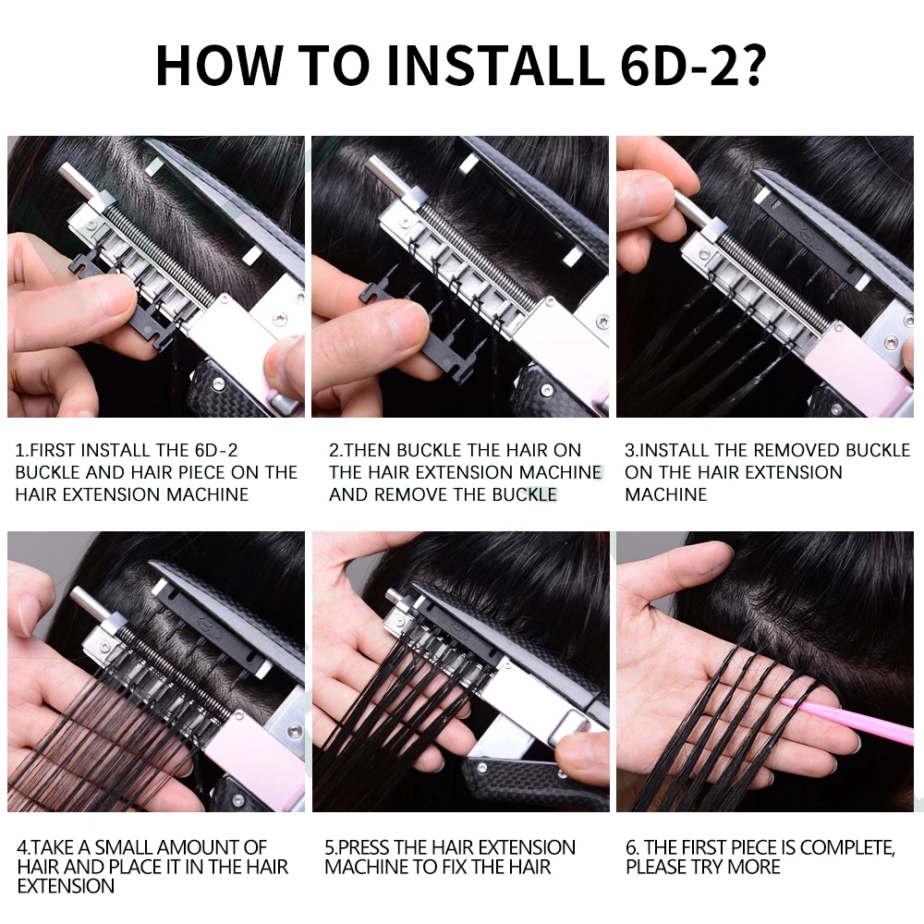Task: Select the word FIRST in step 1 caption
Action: [x=52, y=450]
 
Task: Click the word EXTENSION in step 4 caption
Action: [x=66, y=886]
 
